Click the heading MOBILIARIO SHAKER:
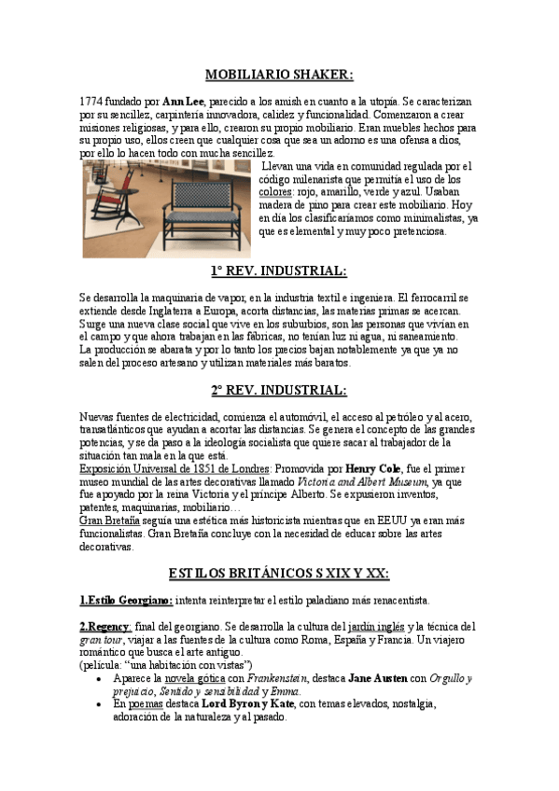(x=279, y=76)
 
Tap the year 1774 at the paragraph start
(x=92, y=100)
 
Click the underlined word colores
(x=274, y=191)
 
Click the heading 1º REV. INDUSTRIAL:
(x=279, y=271)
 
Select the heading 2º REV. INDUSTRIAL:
(x=279, y=390)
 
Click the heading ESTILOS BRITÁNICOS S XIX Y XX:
(x=279, y=572)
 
